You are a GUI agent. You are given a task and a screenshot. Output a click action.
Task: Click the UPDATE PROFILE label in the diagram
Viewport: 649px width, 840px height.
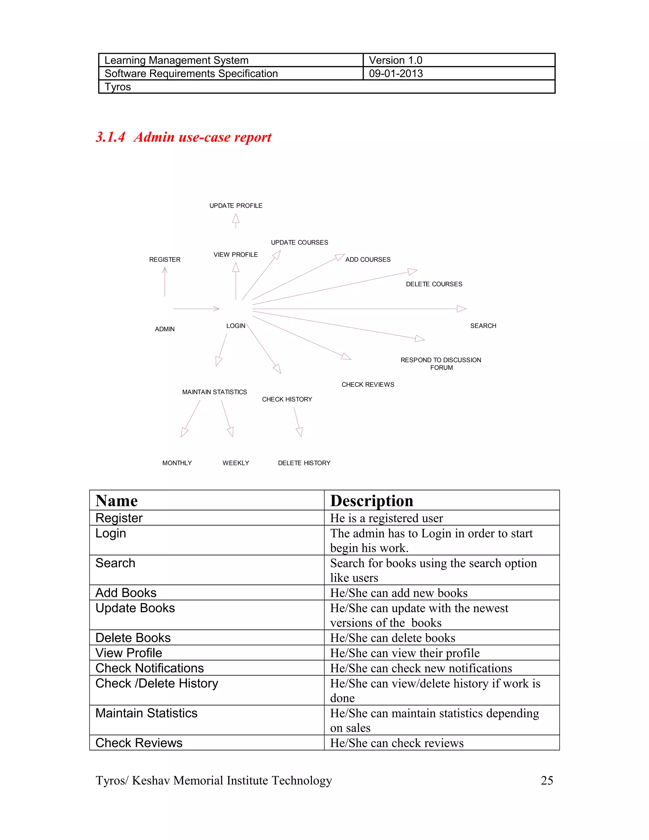point(236,206)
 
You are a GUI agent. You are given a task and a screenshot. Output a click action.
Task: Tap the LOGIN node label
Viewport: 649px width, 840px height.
point(236,326)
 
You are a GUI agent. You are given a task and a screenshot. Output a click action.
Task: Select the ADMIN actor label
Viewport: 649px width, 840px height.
point(164,329)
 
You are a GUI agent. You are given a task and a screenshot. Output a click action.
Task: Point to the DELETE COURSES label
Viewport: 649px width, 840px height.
point(434,284)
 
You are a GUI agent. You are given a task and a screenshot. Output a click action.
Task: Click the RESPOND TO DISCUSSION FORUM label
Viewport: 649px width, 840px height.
point(441,364)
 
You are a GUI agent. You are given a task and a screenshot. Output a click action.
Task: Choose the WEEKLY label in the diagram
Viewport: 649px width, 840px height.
point(236,463)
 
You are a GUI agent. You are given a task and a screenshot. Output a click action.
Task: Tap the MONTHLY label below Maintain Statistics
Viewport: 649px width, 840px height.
point(177,463)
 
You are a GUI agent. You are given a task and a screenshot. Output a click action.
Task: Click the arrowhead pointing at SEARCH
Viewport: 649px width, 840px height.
point(461,309)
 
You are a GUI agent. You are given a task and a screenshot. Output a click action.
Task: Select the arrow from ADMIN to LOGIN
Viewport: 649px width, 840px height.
point(196,309)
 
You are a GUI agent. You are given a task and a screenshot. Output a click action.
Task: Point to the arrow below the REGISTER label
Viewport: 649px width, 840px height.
point(165,282)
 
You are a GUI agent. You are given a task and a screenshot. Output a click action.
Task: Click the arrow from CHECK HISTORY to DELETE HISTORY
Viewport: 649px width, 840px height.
point(297,422)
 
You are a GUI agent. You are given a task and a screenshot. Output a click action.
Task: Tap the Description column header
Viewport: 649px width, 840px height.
point(372,501)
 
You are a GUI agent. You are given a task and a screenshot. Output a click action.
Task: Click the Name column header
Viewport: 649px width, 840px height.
point(117,501)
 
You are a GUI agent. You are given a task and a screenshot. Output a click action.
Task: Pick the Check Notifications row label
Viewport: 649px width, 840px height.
point(150,668)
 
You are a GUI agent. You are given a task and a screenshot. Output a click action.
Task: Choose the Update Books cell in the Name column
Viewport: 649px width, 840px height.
point(135,608)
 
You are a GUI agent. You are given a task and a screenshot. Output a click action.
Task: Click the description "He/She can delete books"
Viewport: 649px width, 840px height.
point(393,638)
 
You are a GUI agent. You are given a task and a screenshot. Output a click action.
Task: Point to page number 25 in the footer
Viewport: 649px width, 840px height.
point(547,780)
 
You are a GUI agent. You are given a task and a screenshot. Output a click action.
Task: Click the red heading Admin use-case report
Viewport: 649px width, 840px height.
point(202,137)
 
